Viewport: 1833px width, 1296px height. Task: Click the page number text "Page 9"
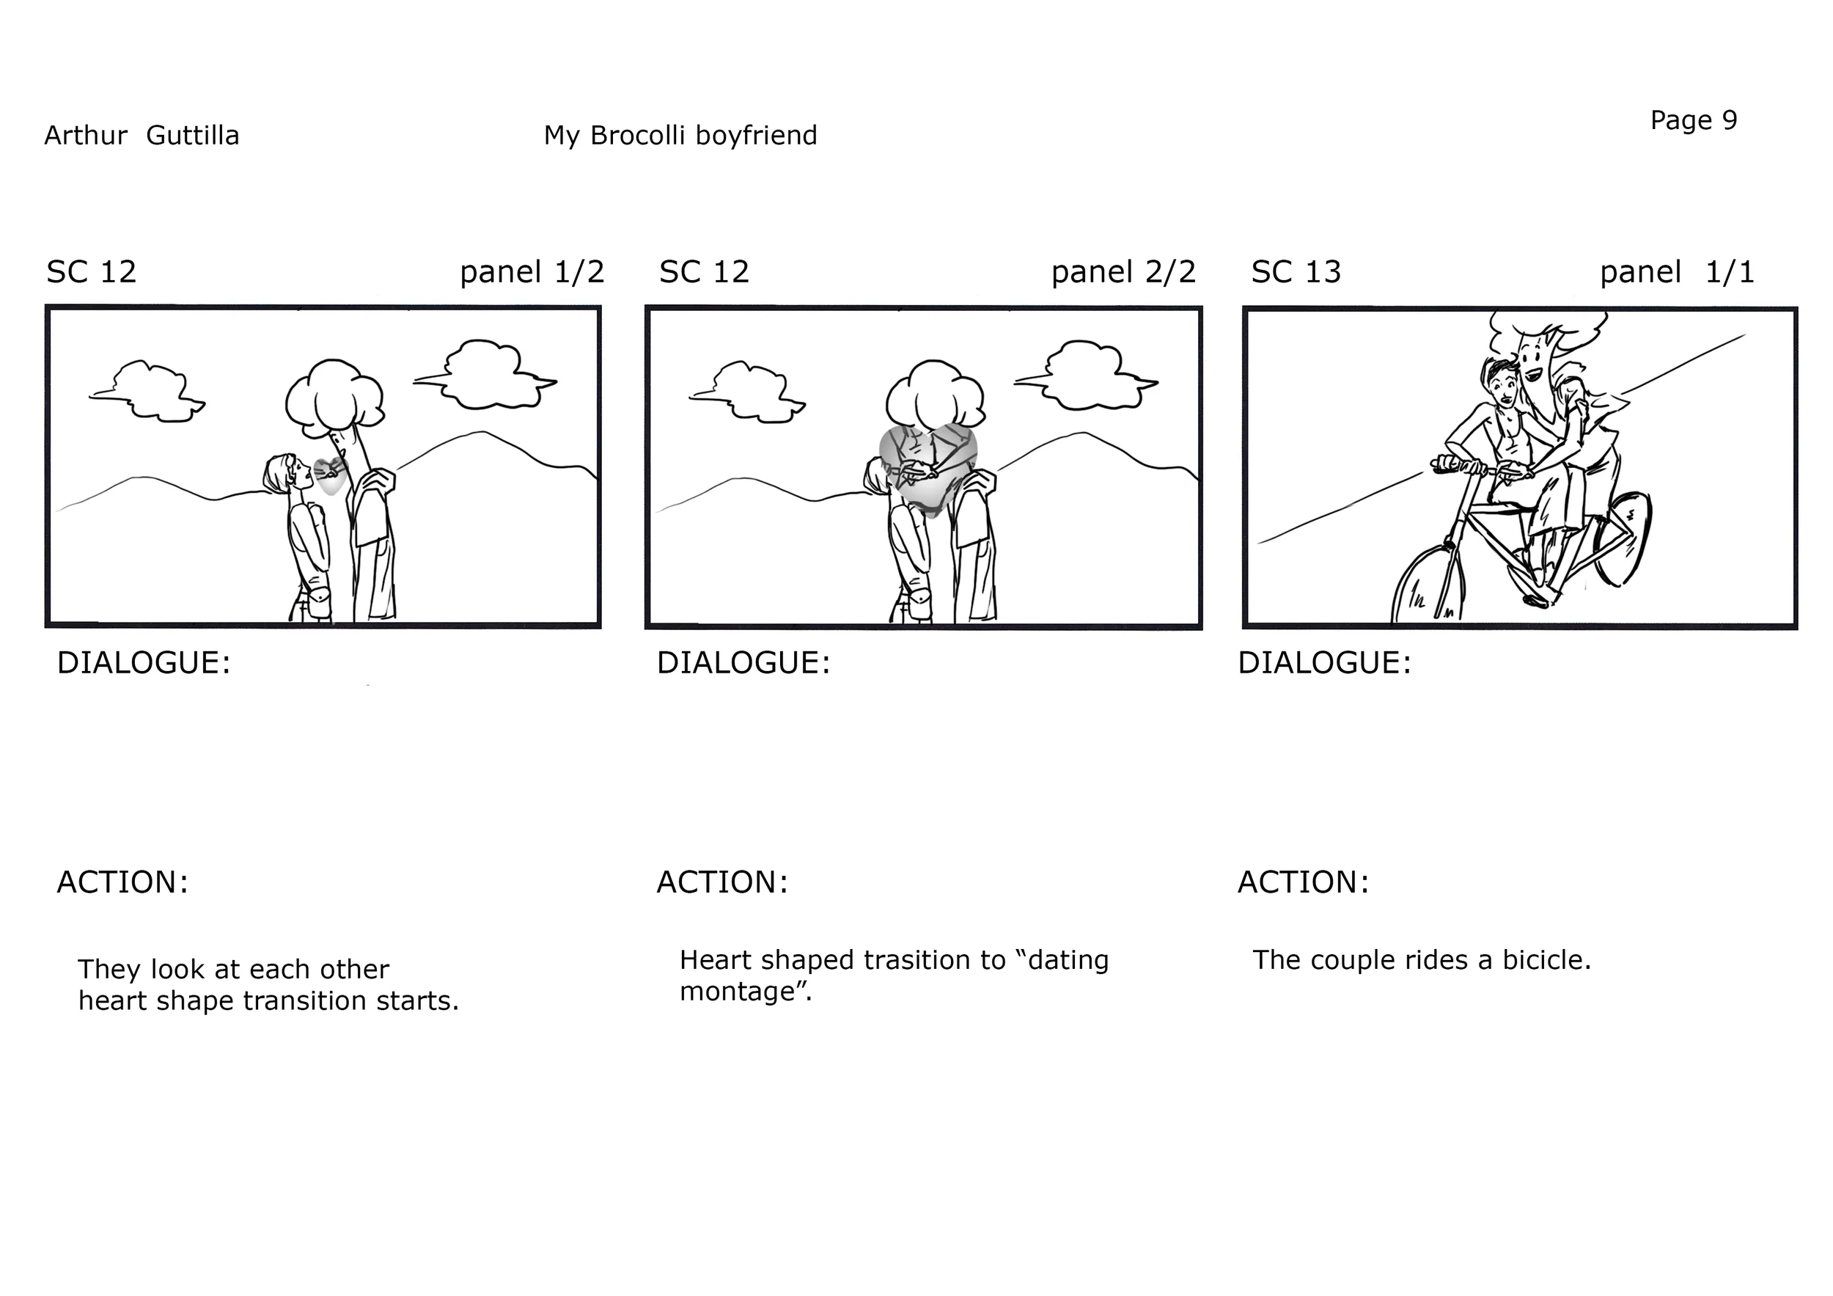pos(1693,120)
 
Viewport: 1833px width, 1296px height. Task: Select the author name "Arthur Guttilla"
pos(142,135)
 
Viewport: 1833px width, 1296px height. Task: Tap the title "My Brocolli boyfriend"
pos(680,136)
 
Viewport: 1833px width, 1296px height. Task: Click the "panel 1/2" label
pos(532,272)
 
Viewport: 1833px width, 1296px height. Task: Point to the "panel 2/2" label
pos(1123,272)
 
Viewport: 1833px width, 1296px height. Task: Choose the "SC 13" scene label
pos(1296,272)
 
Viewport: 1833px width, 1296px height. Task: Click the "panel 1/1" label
pos(1678,272)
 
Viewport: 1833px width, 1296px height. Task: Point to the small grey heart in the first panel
pos(330,476)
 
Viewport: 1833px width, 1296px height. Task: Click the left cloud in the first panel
pos(147,390)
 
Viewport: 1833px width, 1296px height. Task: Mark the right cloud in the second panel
pos(1086,375)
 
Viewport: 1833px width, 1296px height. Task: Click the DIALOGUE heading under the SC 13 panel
pos(1324,664)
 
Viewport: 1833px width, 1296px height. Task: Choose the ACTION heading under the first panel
pos(122,883)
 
